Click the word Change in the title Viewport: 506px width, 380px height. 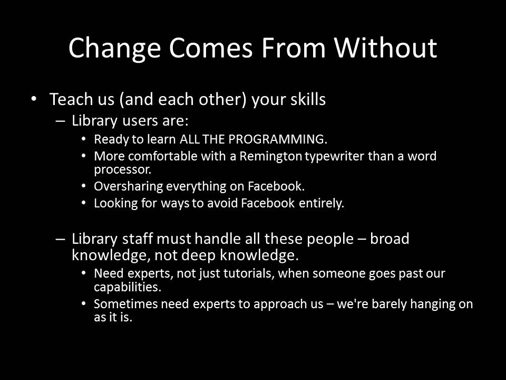(x=114, y=49)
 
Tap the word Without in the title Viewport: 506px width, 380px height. (x=385, y=47)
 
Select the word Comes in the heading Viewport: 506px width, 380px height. (x=211, y=48)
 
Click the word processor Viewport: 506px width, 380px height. (x=123, y=170)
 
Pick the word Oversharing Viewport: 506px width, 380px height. (x=129, y=186)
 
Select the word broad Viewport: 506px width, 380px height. (x=390, y=239)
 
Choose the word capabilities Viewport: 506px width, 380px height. (x=128, y=287)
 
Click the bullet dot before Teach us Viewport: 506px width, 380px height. (x=34, y=98)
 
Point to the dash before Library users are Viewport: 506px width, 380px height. (x=60, y=121)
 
